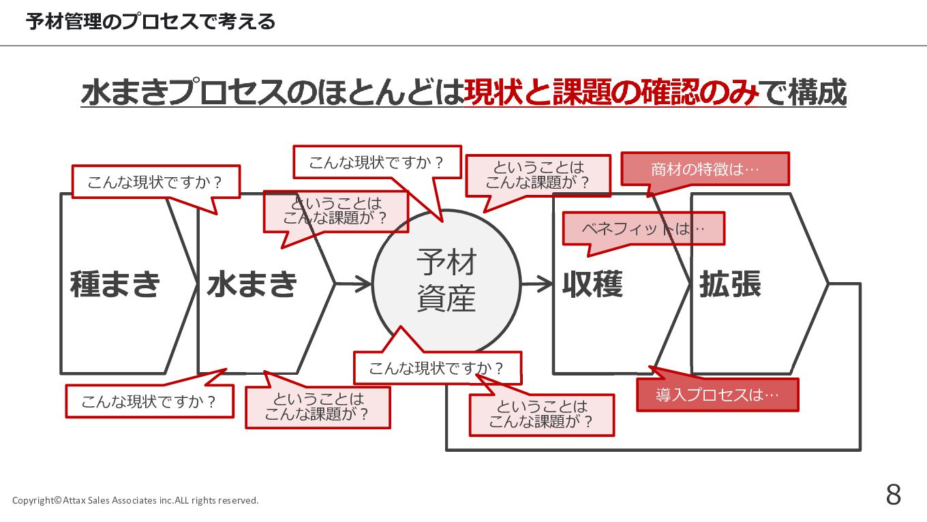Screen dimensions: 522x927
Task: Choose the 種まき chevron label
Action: tap(115, 284)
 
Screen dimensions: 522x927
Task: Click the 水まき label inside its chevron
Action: tap(252, 284)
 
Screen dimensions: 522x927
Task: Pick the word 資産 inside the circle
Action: tap(446, 299)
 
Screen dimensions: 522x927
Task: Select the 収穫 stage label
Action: tap(592, 284)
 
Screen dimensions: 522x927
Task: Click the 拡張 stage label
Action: tap(730, 284)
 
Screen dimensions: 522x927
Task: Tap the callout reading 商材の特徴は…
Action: tap(705, 169)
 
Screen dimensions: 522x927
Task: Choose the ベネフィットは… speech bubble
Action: tap(643, 229)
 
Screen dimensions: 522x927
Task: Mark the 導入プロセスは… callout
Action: tap(717, 395)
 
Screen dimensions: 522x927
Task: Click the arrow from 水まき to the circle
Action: tap(354, 283)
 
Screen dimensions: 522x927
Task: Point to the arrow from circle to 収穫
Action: tap(536, 283)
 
